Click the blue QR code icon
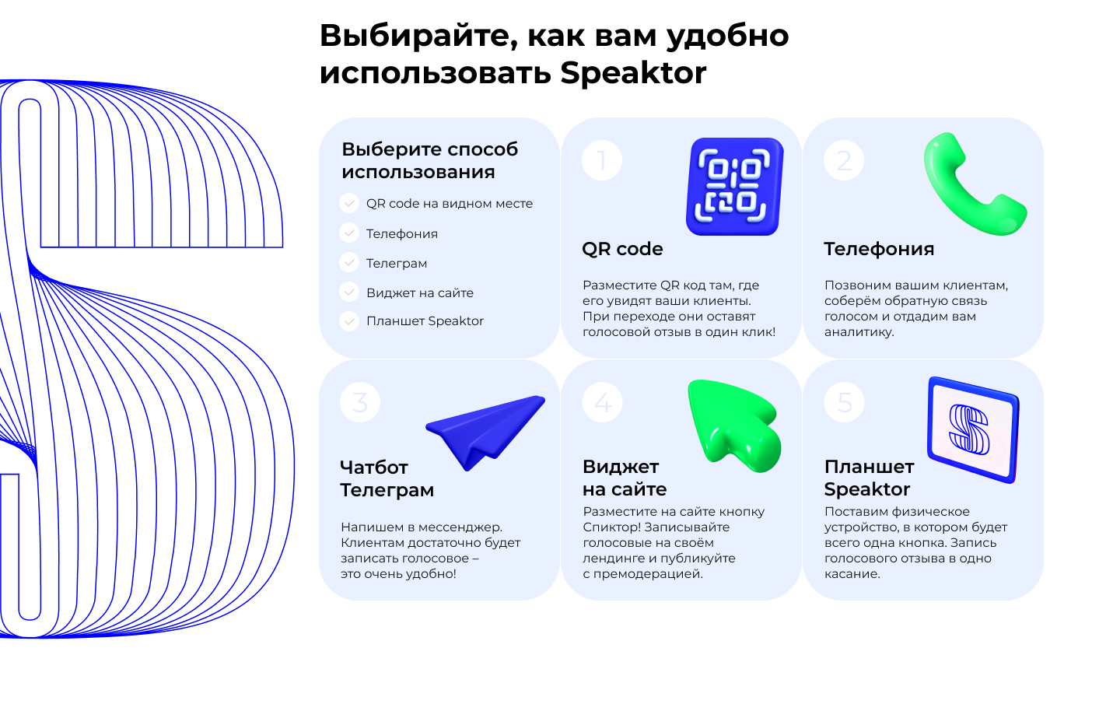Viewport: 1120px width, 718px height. (735, 187)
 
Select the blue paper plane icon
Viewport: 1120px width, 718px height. (484, 431)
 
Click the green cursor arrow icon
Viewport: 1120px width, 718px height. (733, 424)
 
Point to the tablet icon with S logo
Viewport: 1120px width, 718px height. (973, 429)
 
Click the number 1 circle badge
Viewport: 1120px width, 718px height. (602, 160)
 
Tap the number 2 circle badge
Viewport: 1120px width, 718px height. (844, 160)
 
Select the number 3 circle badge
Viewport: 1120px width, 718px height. (360, 402)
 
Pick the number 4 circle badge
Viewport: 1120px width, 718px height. (603, 402)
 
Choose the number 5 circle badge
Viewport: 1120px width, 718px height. (845, 402)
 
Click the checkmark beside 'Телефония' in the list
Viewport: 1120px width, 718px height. (349, 233)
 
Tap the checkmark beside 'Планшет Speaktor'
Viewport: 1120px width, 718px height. (349, 320)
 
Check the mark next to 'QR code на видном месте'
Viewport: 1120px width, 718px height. (349, 203)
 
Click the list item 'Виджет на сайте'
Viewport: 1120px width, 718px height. (420, 292)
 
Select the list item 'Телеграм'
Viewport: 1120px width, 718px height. (397, 263)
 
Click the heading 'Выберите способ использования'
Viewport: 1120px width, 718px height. (429, 160)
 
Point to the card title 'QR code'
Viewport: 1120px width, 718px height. (622, 249)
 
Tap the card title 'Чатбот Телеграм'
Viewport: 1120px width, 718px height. (387, 478)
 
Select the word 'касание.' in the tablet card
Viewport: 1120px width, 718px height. (852, 574)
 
